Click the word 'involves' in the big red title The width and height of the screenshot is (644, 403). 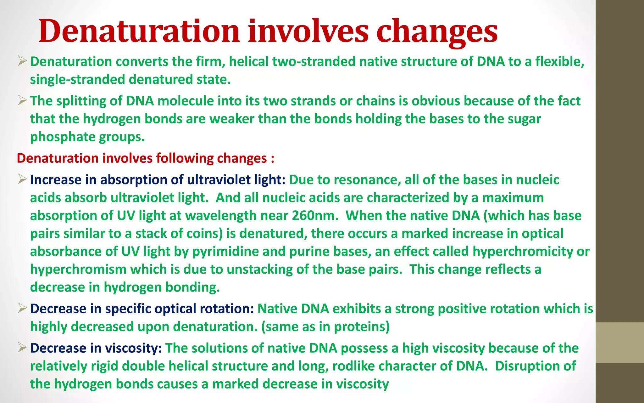(308, 31)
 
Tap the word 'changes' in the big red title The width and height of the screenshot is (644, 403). (437, 31)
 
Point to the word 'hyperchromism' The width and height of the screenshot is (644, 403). (78, 270)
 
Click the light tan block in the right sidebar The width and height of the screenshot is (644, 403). (619, 342)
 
